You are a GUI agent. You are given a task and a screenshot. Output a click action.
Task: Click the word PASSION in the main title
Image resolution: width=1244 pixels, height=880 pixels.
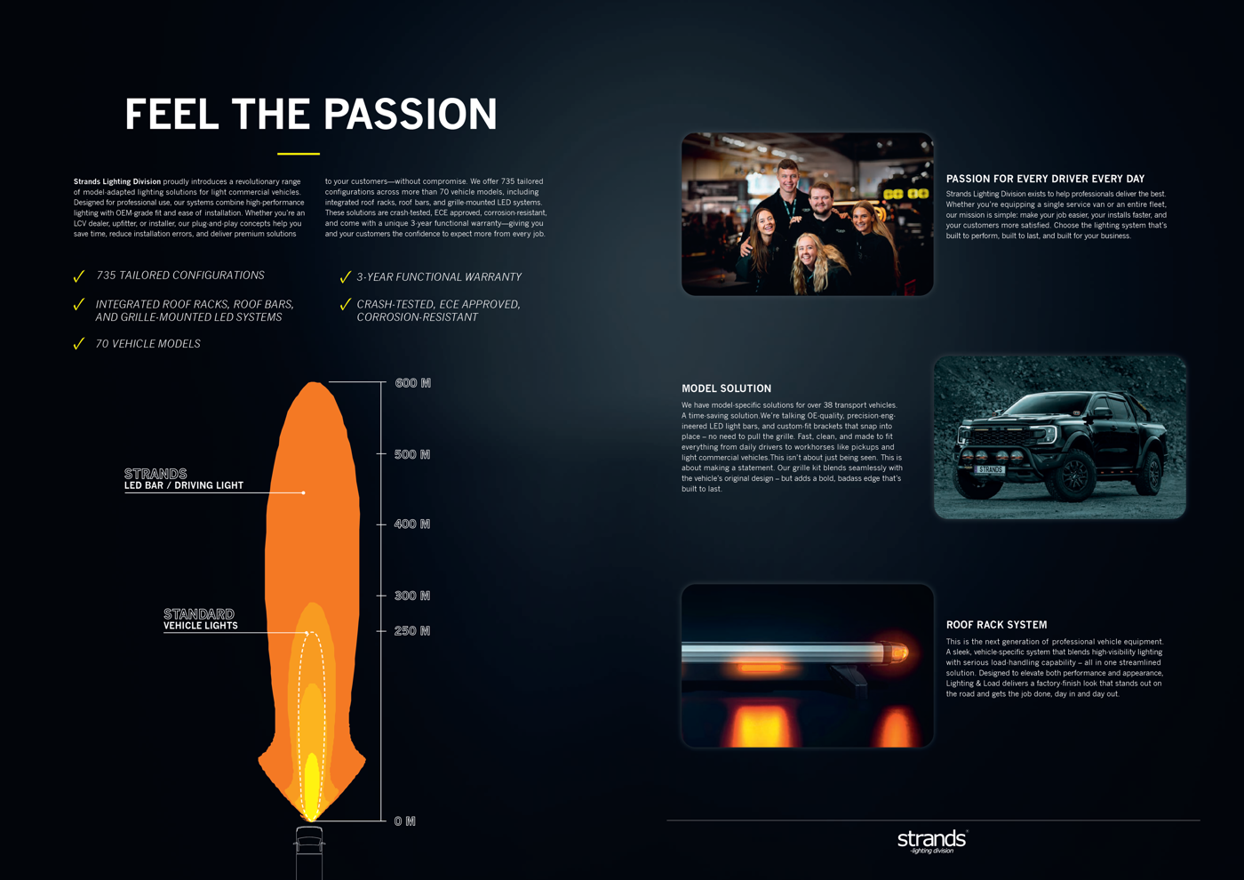(410, 114)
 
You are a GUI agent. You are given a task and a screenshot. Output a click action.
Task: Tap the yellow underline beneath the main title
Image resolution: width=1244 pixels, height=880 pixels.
(299, 154)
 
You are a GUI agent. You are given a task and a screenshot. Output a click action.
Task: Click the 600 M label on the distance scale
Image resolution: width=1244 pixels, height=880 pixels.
(412, 383)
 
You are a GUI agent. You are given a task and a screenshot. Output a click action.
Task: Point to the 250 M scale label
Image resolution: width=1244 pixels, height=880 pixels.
(412, 630)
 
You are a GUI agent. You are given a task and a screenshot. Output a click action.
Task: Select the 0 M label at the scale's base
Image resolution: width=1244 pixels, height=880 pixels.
(405, 821)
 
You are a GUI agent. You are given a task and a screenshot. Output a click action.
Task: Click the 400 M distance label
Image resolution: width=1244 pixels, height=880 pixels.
(412, 524)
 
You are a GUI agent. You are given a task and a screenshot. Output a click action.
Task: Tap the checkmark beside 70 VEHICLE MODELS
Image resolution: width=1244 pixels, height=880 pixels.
(79, 343)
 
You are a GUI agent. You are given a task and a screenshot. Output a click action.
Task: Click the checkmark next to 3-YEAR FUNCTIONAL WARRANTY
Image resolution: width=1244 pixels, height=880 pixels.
(345, 276)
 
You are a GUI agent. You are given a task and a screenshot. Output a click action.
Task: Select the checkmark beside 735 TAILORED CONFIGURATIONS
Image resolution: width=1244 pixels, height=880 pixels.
(79, 276)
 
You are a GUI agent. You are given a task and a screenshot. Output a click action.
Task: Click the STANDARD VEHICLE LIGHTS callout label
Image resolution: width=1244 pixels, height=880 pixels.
(201, 620)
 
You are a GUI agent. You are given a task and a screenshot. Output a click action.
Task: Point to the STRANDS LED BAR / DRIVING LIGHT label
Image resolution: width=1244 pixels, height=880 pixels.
(184, 479)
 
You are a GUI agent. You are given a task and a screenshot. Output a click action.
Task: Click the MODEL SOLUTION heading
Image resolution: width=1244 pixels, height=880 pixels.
(727, 388)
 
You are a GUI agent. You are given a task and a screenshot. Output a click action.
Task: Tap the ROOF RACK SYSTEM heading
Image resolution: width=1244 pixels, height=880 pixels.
(996, 624)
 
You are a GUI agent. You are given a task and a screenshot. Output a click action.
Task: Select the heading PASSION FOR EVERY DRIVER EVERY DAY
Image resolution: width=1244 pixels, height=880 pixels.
(1045, 179)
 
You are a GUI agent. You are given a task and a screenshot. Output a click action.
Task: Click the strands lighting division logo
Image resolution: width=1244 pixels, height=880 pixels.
(932, 841)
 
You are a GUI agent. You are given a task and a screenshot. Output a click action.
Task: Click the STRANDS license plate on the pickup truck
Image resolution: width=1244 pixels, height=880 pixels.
(990, 469)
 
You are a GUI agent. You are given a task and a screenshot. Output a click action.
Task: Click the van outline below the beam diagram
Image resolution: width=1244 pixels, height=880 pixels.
(309, 852)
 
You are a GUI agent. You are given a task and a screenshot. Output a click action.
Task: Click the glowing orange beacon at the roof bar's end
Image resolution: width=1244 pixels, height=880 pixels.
(898, 652)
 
